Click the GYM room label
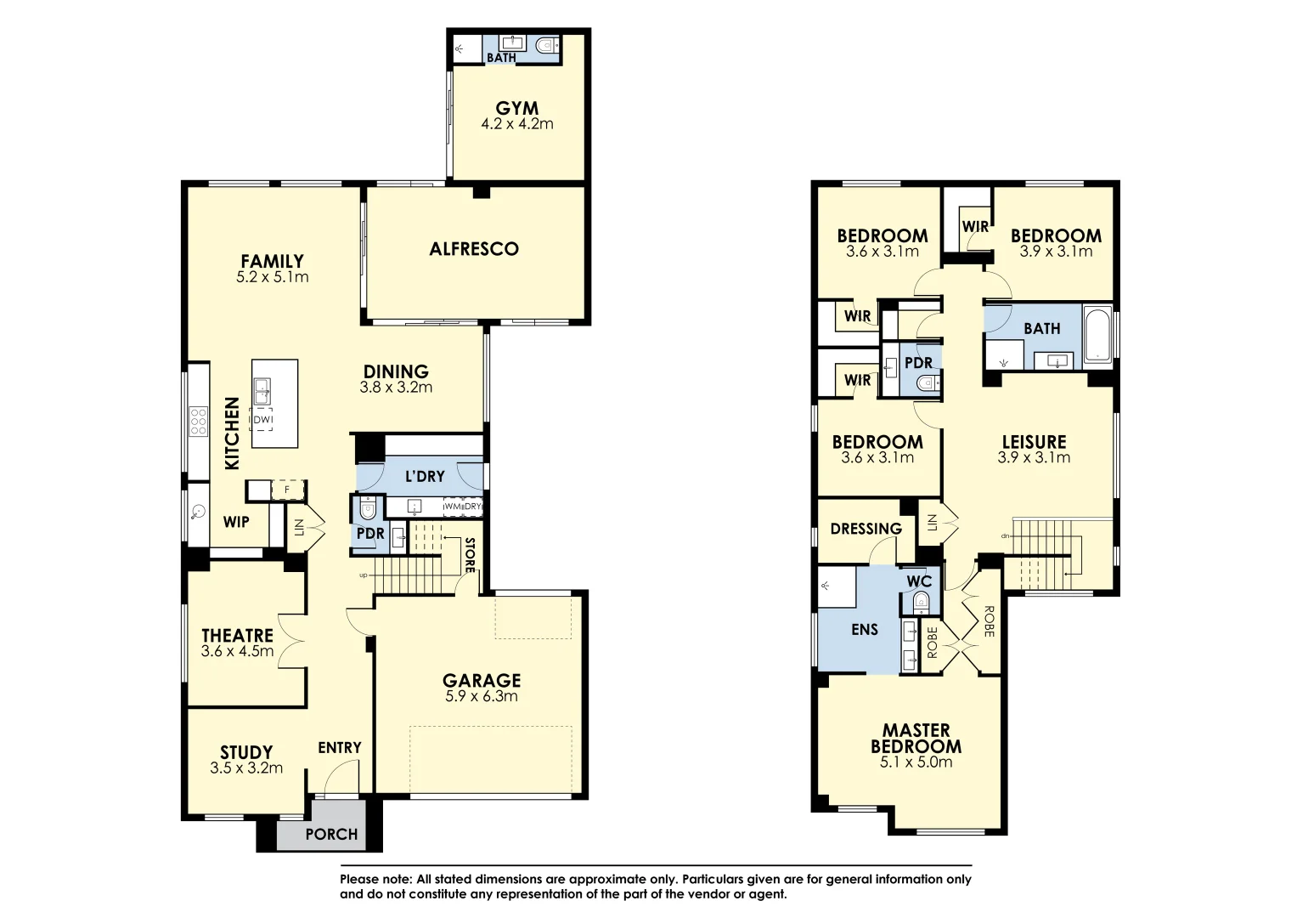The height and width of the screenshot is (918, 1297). pyautogui.click(x=516, y=108)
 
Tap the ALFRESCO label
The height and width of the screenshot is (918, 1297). pyautogui.click(x=473, y=249)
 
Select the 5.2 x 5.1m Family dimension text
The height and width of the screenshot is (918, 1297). pyautogui.click(x=272, y=277)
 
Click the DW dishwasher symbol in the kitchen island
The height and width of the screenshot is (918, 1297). pyautogui.click(x=262, y=420)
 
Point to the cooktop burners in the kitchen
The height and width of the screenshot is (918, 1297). pyautogui.click(x=198, y=421)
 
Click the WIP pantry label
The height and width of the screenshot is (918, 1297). pyautogui.click(x=236, y=521)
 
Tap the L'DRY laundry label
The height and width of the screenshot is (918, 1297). pyautogui.click(x=424, y=476)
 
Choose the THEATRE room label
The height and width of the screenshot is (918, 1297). pyautogui.click(x=237, y=636)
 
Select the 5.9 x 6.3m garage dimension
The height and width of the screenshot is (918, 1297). pyautogui.click(x=481, y=696)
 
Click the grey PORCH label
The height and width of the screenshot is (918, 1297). pyautogui.click(x=331, y=834)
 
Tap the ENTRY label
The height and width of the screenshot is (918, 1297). pyautogui.click(x=340, y=747)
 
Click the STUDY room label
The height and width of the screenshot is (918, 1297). pyautogui.click(x=246, y=752)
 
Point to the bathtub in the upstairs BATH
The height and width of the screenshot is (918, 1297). pyautogui.click(x=1097, y=333)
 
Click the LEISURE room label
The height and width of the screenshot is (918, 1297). pyautogui.click(x=1034, y=442)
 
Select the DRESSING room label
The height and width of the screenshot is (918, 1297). pyautogui.click(x=866, y=529)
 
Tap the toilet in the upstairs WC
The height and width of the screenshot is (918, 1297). pyautogui.click(x=920, y=603)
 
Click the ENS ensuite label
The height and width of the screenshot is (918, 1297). pyautogui.click(x=864, y=630)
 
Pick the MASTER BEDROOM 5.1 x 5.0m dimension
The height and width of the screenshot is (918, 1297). pyautogui.click(x=916, y=762)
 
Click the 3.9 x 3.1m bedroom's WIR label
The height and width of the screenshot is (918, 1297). pyautogui.click(x=975, y=226)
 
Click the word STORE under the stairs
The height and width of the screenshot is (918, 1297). pyautogui.click(x=469, y=555)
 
